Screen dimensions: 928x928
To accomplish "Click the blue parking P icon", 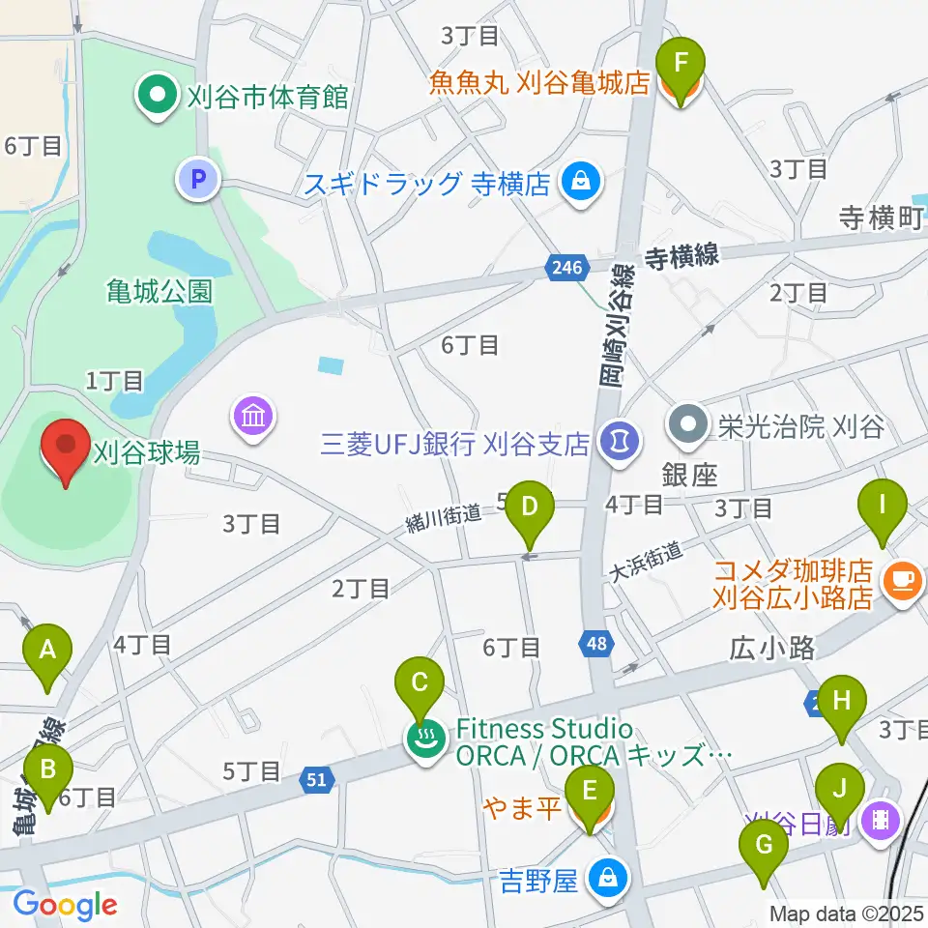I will pos(199,179).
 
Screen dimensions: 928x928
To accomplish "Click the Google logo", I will pos(65,905).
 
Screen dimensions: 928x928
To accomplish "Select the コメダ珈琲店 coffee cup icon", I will pos(904,579).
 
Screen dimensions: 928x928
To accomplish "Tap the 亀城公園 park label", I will pos(159,291).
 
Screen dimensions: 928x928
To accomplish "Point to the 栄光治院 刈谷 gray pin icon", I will pos(688,424).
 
